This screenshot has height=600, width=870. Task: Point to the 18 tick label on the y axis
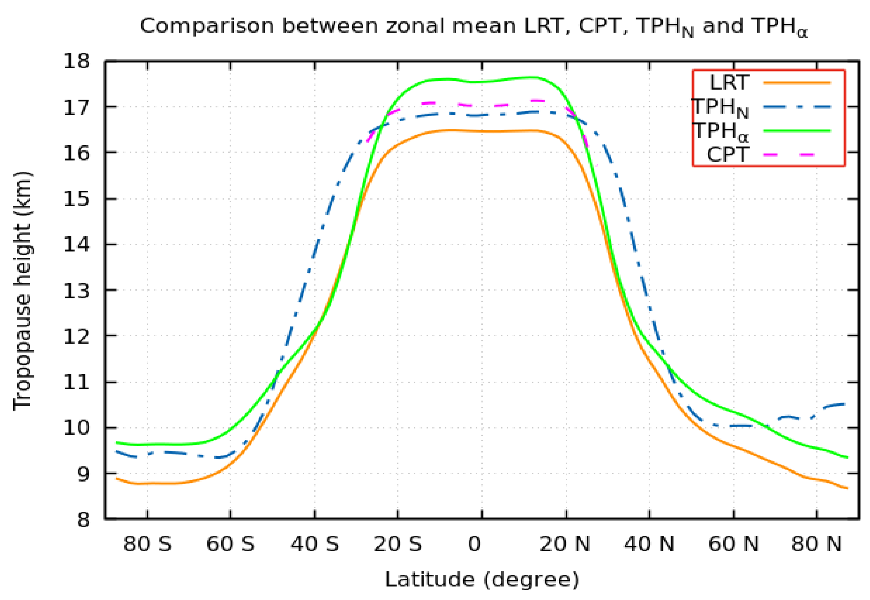[x=77, y=61]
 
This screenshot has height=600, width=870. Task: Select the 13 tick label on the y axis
[x=77, y=291]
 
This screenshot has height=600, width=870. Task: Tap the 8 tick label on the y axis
[x=83, y=520]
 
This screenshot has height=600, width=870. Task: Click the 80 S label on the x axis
[x=147, y=544]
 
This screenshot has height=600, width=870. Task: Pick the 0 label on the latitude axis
[x=474, y=544]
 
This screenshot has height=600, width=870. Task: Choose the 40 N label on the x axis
[x=649, y=544]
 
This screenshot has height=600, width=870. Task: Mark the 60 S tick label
[x=230, y=544]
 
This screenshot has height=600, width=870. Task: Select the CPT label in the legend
[x=728, y=154]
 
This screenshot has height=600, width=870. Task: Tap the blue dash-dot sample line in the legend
[x=796, y=107]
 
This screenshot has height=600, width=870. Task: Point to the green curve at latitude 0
[x=482, y=82]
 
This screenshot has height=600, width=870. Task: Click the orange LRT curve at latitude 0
[x=482, y=131]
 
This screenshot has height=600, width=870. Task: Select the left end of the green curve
[x=117, y=443]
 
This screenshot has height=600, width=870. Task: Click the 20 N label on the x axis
[x=564, y=544]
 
